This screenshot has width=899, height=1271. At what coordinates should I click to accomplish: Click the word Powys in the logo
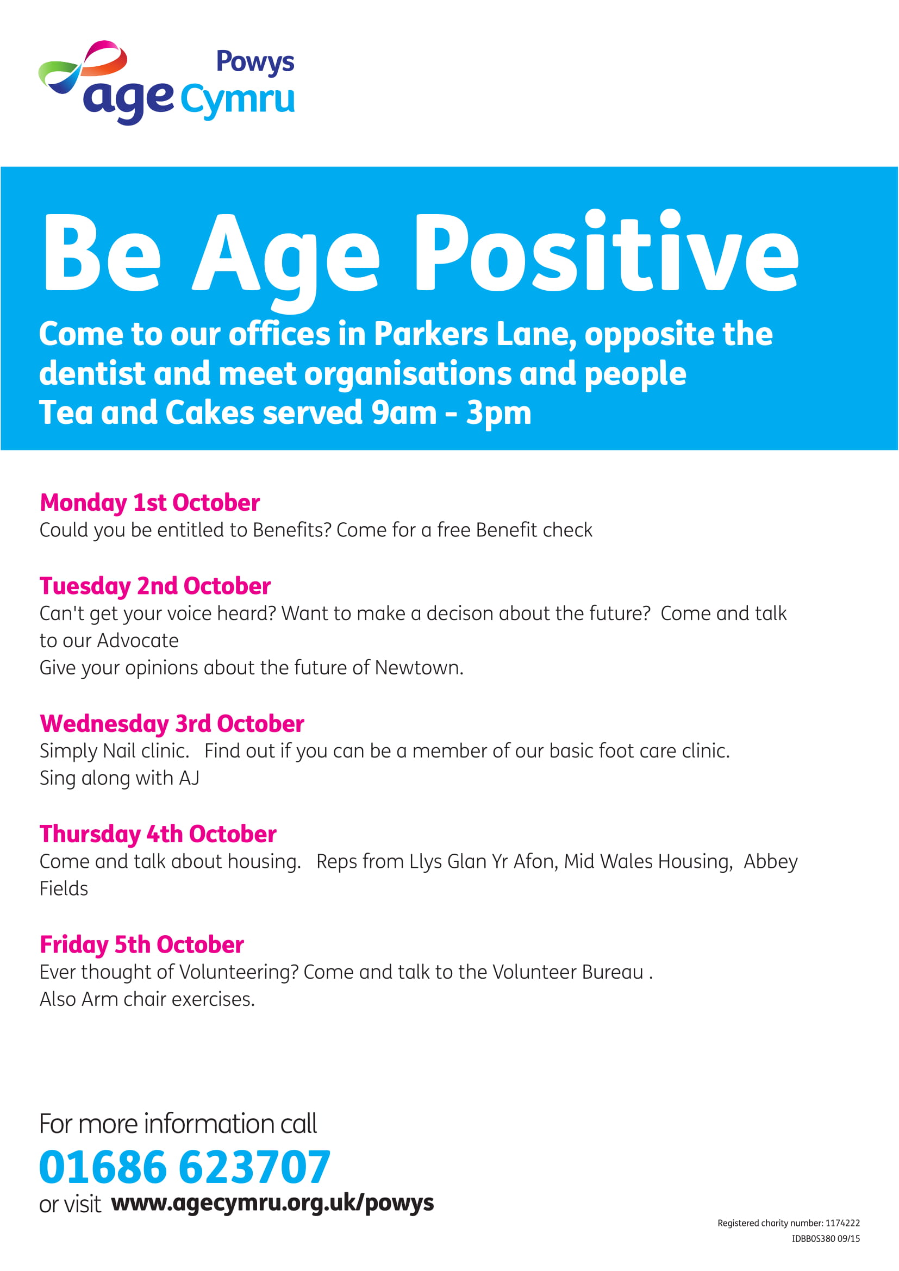(x=255, y=62)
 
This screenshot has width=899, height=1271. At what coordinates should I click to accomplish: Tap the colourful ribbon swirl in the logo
(x=83, y=65)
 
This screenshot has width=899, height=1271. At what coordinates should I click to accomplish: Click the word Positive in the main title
(x=606, y=252)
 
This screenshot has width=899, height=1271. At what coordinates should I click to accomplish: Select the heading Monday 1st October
(x=149, y=503)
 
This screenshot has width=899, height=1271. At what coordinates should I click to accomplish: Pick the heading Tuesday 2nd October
(x=155, y=586)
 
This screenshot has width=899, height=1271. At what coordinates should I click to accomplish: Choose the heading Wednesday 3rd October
(x=172, y=724)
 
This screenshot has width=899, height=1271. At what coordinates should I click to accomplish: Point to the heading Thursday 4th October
(x=158, y=835)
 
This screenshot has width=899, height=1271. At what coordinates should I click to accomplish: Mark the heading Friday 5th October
(x=142, y=945)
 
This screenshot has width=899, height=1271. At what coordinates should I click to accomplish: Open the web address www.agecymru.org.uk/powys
(x=272, y=1204)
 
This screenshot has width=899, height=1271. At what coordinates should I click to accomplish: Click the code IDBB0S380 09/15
(x=826, y=1239)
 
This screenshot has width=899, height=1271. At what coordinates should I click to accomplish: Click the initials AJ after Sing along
(x=189, y=778)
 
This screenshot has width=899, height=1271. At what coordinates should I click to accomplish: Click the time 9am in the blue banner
(x=403, y=414)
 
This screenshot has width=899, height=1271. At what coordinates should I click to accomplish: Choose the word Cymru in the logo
(x=238, y=100)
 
